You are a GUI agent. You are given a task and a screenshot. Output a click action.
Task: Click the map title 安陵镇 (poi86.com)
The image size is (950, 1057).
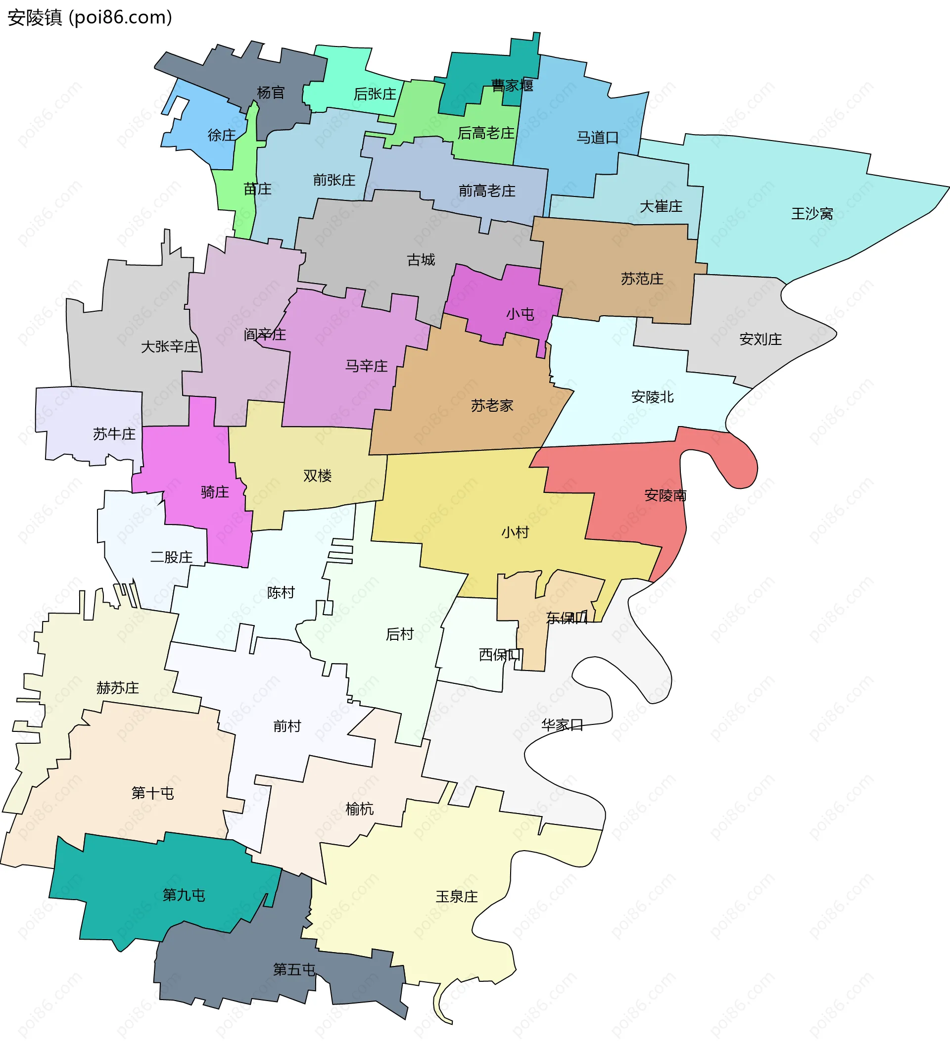tap(90, 18)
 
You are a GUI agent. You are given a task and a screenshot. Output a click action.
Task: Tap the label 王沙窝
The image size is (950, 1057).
tap(811, 213)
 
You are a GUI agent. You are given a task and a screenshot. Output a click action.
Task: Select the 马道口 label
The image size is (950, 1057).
tap(597, 137)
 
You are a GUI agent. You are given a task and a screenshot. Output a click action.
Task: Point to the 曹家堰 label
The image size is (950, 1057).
tap(512, 85)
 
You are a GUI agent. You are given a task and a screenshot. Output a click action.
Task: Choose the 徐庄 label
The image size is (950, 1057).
tap(222, 135)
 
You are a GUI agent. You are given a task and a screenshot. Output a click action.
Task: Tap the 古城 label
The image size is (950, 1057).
tap(421, 259)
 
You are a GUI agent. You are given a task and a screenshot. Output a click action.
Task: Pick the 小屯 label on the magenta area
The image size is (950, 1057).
tap(520, 314)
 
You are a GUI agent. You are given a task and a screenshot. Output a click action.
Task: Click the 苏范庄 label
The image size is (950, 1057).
tap(642, 279)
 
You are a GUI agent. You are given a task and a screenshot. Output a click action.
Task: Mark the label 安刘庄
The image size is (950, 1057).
tap(760, 339)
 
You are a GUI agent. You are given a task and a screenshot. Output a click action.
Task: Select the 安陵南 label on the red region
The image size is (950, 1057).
tap(665, 495)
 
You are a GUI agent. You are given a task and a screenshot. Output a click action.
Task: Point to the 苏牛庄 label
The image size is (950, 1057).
tap(114, 434)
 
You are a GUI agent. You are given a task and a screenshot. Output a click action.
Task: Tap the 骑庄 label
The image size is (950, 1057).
tap(215, 492)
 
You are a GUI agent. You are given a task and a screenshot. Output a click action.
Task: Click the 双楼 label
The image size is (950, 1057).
tap(317, 476)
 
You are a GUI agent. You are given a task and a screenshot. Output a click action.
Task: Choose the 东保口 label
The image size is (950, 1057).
tap(567, 618)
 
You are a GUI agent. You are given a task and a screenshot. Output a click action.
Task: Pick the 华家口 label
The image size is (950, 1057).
tap(562, 724)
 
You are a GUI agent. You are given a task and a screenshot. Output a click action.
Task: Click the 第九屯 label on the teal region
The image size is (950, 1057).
tap(184, 895)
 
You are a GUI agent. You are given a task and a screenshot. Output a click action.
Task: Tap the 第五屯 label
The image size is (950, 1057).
tap(294, 969)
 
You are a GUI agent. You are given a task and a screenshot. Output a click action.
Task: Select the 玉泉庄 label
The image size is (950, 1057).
tap(456, 896)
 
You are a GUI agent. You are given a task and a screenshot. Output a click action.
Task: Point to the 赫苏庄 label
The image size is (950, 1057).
tap(117, 687)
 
